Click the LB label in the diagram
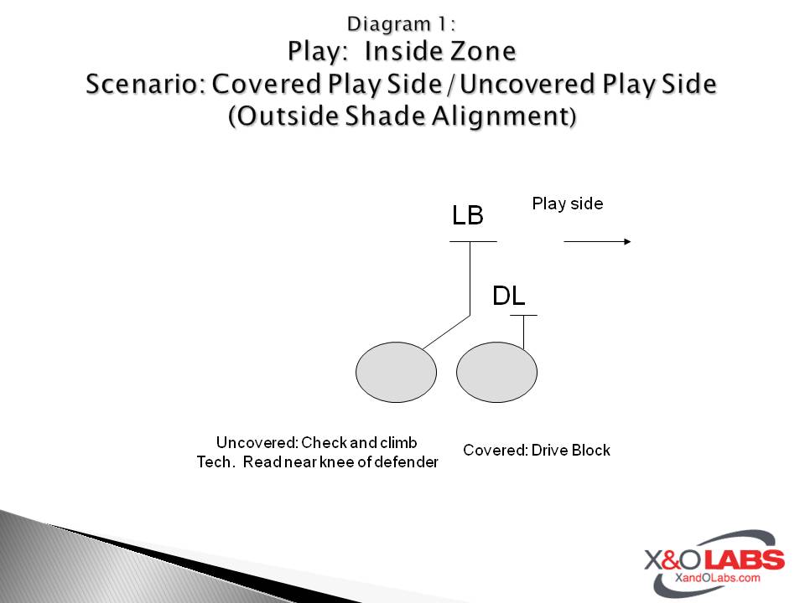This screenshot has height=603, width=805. click(x=467, y=215)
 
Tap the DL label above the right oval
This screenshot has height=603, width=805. click(x=508, y=296)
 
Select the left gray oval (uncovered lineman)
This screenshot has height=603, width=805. click(x=397, y=374)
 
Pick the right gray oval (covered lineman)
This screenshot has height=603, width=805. click(x=496, y=374)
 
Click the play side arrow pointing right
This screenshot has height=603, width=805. click(x=597, y=242)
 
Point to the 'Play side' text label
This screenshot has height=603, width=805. click(x=568, y=204)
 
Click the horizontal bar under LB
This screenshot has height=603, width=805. click(x=473, y=242)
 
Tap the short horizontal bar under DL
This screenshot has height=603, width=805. click(x=523, y=316)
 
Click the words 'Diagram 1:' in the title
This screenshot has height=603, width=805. click(x=402, y=23)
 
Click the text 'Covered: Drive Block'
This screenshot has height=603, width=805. click(x=537, y=451)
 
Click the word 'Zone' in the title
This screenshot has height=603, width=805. click(x=484, y=52)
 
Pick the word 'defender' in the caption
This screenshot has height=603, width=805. click(x=406, y=462)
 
